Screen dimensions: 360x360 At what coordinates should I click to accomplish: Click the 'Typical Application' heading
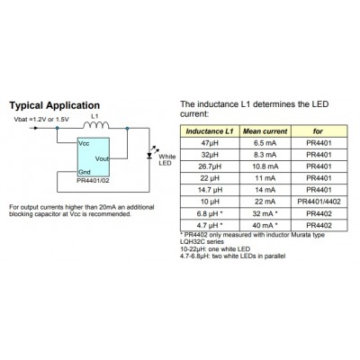click(55, 105)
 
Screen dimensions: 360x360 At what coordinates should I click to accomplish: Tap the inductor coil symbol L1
click(96, 124)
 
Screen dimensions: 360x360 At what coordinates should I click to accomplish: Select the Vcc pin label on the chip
click(84, 143)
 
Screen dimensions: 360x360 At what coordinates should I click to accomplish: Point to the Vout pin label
click(102, 158)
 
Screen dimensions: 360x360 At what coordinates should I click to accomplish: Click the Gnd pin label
click(85, 172)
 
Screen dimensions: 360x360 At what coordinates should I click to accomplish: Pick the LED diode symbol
click(149, 155)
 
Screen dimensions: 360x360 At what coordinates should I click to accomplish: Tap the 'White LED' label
click(166, 160)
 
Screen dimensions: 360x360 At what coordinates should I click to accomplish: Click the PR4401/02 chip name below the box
click(93, 181)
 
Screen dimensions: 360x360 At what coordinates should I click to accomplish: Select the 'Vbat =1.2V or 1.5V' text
click(41, 120)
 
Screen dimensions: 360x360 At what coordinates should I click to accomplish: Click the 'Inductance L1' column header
click(210, 131)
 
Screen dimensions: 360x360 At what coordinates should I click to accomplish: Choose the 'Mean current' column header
click(265, 131)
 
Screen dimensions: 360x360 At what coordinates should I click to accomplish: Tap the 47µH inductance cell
click(210, 143)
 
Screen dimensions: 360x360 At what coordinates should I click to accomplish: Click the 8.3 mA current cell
click(265, 155)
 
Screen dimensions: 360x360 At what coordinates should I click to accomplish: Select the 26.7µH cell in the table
click(210, 166)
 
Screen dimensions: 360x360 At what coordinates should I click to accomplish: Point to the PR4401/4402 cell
click(319, 202)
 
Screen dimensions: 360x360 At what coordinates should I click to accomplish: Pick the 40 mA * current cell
click(265, 225)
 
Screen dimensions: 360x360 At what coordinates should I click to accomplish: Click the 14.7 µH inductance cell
click(210, 190)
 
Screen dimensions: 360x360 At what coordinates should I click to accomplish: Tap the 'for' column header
click(318, 131)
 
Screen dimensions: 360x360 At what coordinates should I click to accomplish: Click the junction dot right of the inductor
click(127, 128)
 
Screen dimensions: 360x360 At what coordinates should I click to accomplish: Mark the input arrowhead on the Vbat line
click(36, 128)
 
